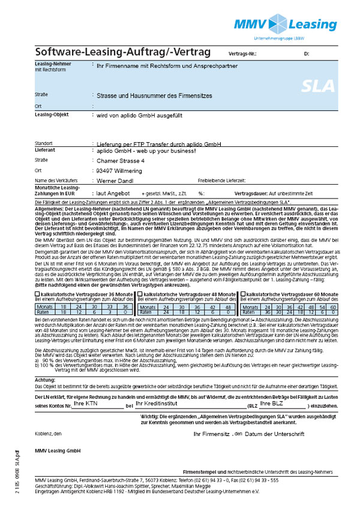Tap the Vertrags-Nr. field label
[243, 54]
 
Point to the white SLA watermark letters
[318, 85]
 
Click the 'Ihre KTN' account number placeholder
[85, 387]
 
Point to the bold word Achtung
[45, 363]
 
